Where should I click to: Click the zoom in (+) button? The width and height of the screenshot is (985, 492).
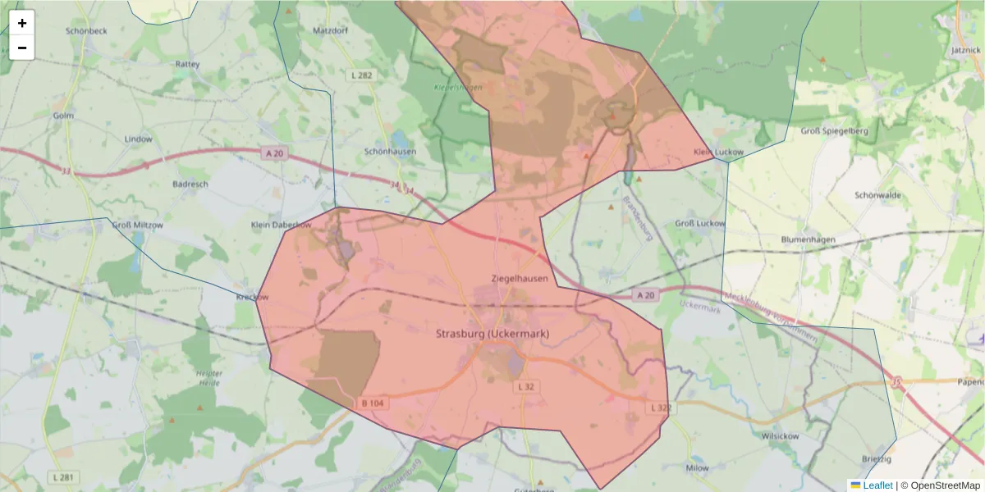pyautogui.click(x=22, y=23)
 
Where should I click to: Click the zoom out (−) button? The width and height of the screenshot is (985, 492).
pyautogui.click(x=22, y=48)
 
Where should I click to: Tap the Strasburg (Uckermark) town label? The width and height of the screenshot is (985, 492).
pyautogui.click(x=492, y=334)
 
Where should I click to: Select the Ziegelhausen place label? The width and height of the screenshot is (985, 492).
pyautogui.click(x=519, y=279)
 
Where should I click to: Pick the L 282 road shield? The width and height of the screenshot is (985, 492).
pyautogui.click(x=361, y=75)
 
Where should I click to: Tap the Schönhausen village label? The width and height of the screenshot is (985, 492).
pyautogui.click(x=390, y=152)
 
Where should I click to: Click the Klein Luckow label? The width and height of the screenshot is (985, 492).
pyautogui.click(x=718, y=153)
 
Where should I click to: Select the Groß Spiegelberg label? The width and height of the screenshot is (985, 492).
pyautogui.click(x=834, y=131)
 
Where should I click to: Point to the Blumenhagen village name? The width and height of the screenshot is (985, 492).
pyautogui.click(x=808, y=239)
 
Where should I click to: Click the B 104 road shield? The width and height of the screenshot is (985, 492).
pyautogui.click(x=372, y=403)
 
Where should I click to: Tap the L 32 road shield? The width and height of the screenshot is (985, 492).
pyautogui.click(x=526, y=386)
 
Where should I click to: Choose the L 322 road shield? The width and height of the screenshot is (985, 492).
pyautogui.click(x=661, y=408)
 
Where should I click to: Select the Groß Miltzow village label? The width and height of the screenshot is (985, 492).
pyautogui.click(x=138, y=225)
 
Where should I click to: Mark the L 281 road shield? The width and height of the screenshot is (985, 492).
pyautogui.click(x=62, y=477)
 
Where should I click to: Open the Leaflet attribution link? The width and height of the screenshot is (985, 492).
pyautogui.click(x=877, y=485)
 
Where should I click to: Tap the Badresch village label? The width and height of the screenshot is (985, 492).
pyautogui.click(x=190, y=184)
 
